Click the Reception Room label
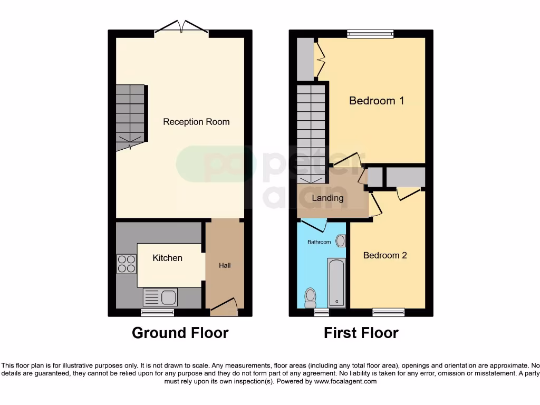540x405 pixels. (196, 122)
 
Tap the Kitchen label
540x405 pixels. (167, 258)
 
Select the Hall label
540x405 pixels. (225, 265)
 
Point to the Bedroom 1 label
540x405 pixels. (377, 100)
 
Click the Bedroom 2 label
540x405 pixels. (385, 255)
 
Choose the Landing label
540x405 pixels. (327, 198)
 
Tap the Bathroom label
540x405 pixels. (320, 242)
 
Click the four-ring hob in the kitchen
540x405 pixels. (126, 264)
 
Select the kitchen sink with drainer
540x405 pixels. (160, 297)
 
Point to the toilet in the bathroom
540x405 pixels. (310, 297)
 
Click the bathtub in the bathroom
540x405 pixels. (337, 283)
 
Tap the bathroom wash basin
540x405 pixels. (341, 241)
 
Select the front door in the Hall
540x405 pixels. (224, 307)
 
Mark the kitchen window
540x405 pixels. (157, 313)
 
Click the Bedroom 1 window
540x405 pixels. (370, 34)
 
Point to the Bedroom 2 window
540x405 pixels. (388, 312)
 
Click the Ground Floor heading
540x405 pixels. (180, 333)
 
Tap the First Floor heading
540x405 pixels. (361, 333)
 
